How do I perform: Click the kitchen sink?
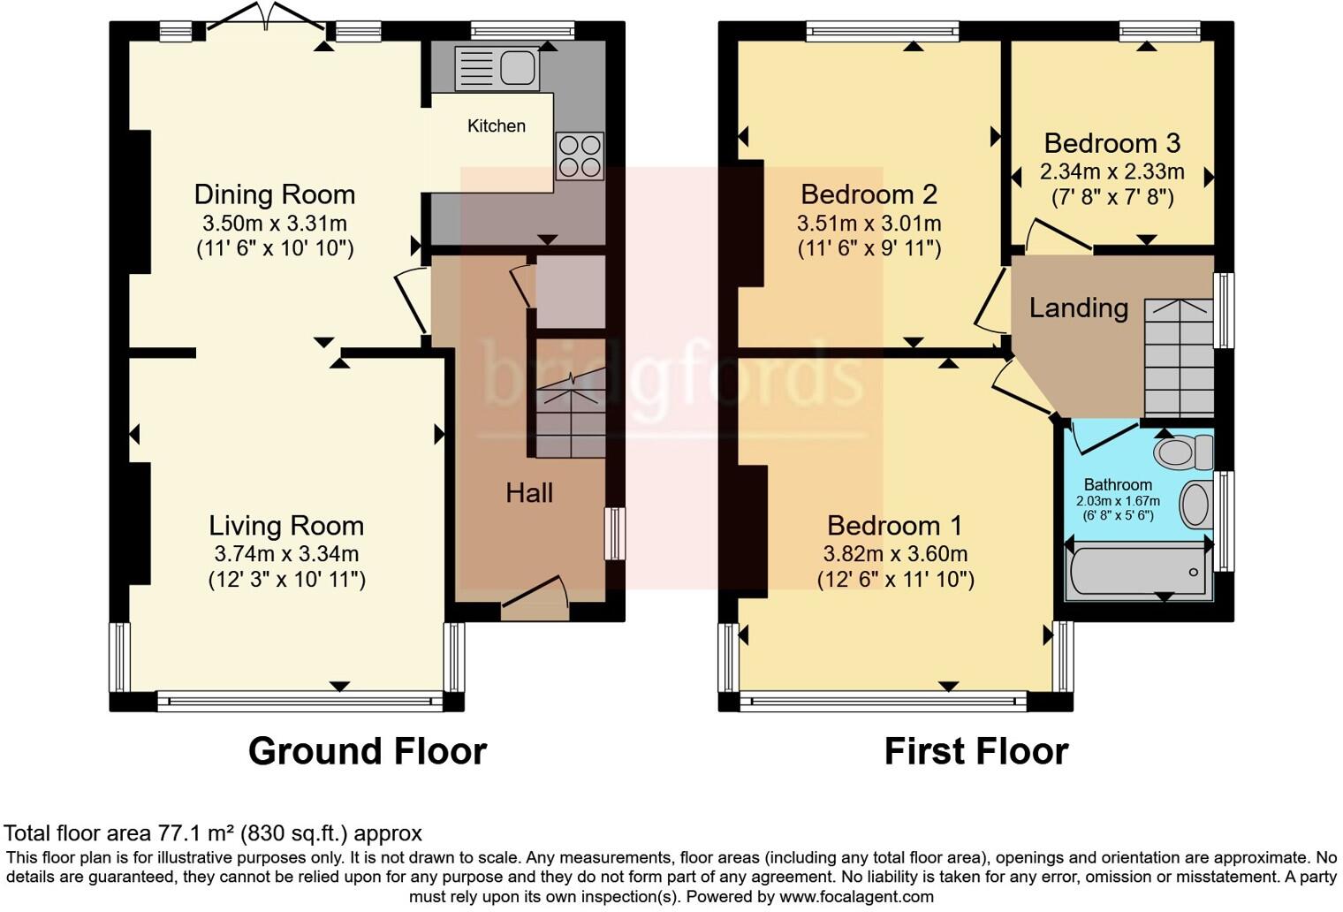pyautogui.click(x=497, y=68)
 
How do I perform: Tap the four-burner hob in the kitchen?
pyautogui.click(x=580, y=156)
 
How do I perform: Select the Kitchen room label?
pyautogui.click(x=496, y=125)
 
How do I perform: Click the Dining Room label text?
pyautogui.click(x=274, y=194)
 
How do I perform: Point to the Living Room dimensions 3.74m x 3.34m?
pyautogui.click(x=286, y=554)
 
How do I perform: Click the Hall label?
pyautogui.click(x=529, y=493)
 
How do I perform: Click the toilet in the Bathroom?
pyautogui.click(x=1182, y=452)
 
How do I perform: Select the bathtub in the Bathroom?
pyautogui.click(x=1138, y=571)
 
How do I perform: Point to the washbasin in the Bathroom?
pyautogui.click(x=1196, y=505)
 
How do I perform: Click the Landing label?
pyautogui.click(x=1078, y=308)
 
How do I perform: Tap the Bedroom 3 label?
pyautogui.click(x=1112, y=143)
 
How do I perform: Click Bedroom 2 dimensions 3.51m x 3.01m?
pyautogui.click(x=869, y=223)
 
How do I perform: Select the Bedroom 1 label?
pyautogui.click(x=894, y=526)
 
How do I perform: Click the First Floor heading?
pyautogui.click(x=975, y=752)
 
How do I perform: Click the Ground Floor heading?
pyautogui.click(x=367, y=752)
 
